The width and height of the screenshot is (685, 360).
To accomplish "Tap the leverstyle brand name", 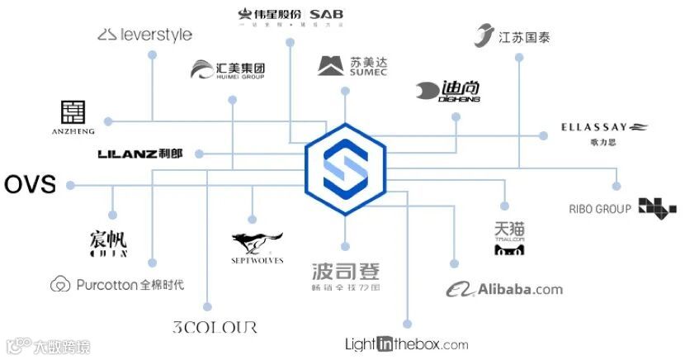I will (x=145, y=35).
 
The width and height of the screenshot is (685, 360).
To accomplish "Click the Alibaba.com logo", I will (x=504, y=289).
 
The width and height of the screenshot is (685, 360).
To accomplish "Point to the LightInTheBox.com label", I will (x=406, y=344).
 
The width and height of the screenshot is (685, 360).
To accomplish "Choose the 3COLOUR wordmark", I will (x=215, y=327).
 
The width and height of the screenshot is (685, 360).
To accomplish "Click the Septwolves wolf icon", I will (x=257, y=243).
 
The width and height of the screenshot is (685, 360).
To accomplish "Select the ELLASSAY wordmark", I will (x=594, y=127).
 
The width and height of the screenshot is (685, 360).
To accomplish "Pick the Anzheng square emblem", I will (x=73, y=112).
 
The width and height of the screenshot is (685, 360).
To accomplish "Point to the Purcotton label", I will (x=117, y=285).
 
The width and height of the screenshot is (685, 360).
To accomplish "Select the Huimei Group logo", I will (x=227, y=70).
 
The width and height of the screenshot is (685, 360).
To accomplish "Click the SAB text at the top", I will (x=327, y=14).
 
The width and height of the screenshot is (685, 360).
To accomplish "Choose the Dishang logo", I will (x=448, y=91).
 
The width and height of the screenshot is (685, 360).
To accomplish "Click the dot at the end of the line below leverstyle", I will (x=152, y=54).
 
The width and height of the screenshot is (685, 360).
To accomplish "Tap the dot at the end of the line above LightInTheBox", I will (x=406, y=324).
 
